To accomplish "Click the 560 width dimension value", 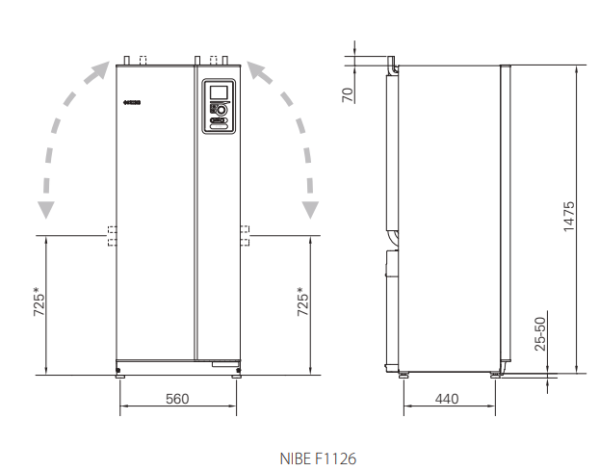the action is pyautogui.click(x=177, y=399).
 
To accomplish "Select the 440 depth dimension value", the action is pyautogui.click(x=447, y=399).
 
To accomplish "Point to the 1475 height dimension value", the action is pyautogui.click(x=569, y=216).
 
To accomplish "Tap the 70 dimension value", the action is pyautogui.click(x=348, y=94).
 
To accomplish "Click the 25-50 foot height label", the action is pyautogui.click(x=540, y=334).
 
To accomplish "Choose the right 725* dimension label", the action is pyautogui.click(x=302, y=301).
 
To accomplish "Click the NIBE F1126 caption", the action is pyautogui.click(x=318, y=458).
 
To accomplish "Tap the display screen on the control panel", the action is pyautogui.click(x=219, y=92).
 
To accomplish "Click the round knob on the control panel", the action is pyautogui.click(x=221, y=111).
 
